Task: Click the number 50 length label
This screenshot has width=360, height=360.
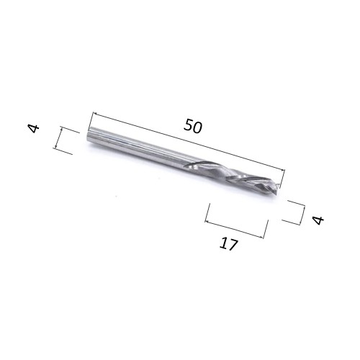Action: point(192,125)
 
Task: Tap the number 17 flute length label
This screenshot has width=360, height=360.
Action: point(228,245)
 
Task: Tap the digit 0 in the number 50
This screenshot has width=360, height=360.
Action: point(197,127)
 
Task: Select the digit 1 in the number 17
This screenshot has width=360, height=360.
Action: point(224,243)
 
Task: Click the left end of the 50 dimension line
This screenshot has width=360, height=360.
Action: point(93,112)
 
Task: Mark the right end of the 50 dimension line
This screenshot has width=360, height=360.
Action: point(285,171)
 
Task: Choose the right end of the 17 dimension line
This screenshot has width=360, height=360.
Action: point(266,237)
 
